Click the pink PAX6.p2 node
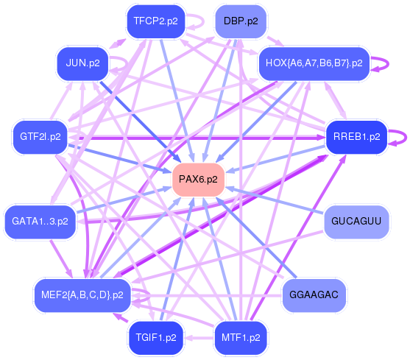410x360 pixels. [x=198, y=180]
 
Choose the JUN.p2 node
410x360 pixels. [x=82, y=63]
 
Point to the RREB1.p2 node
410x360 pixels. [x=356, y=136]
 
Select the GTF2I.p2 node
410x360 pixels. [x=40, y=136]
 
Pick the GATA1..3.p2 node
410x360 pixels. [x=40, y=221]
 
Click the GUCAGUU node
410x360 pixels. [x=356, y=221]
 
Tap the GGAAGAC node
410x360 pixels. [x=314, y=295]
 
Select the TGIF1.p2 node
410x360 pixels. [x=156, y=338]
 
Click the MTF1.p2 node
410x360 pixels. [x=241, y=338]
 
